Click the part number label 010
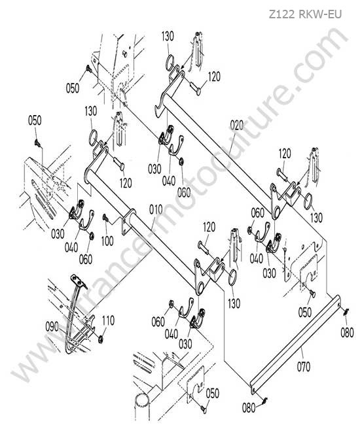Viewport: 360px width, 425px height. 156,209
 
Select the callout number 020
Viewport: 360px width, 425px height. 237,126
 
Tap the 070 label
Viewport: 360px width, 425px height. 303,367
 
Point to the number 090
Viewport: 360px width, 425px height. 52,327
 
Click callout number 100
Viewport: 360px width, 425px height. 107,241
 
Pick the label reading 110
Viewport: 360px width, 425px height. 108,320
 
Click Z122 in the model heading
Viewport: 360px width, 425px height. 281,14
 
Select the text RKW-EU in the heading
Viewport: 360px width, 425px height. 320,14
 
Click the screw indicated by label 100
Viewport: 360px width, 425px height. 105,217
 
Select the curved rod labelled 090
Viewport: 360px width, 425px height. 71,320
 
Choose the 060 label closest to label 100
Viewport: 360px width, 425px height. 86,260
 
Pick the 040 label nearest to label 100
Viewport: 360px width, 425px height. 71,247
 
